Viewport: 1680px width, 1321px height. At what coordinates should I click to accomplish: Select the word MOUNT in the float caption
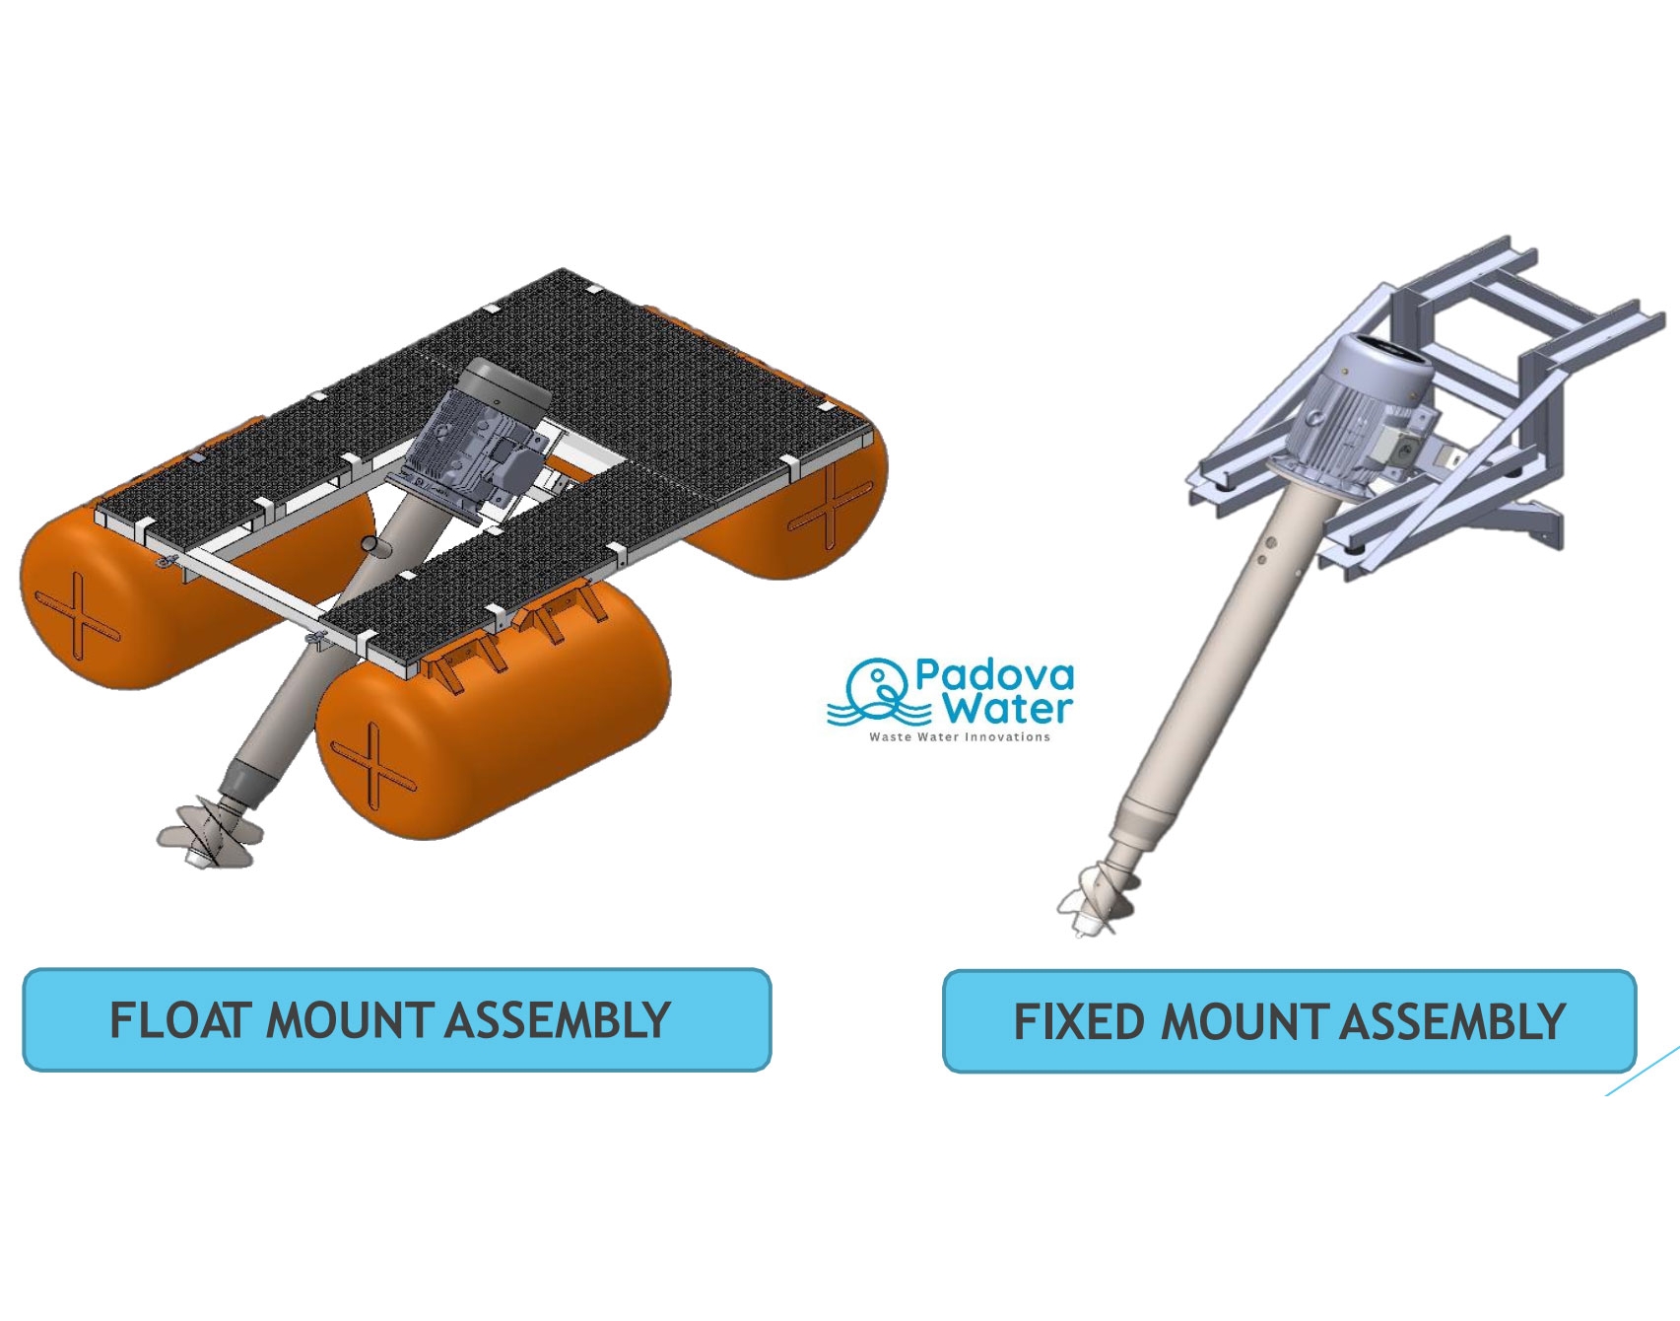point(350,1020)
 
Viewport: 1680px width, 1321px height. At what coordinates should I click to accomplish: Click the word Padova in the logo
point(994,675)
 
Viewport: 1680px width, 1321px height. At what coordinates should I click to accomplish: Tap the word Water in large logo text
point(1006,709)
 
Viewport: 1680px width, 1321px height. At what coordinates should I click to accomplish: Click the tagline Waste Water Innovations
point(960,736)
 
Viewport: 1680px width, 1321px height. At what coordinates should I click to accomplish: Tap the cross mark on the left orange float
point(78,617)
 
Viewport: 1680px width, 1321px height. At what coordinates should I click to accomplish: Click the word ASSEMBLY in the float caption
point(558,1020)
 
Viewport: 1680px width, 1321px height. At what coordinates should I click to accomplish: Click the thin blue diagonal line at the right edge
point(1643,1071)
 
